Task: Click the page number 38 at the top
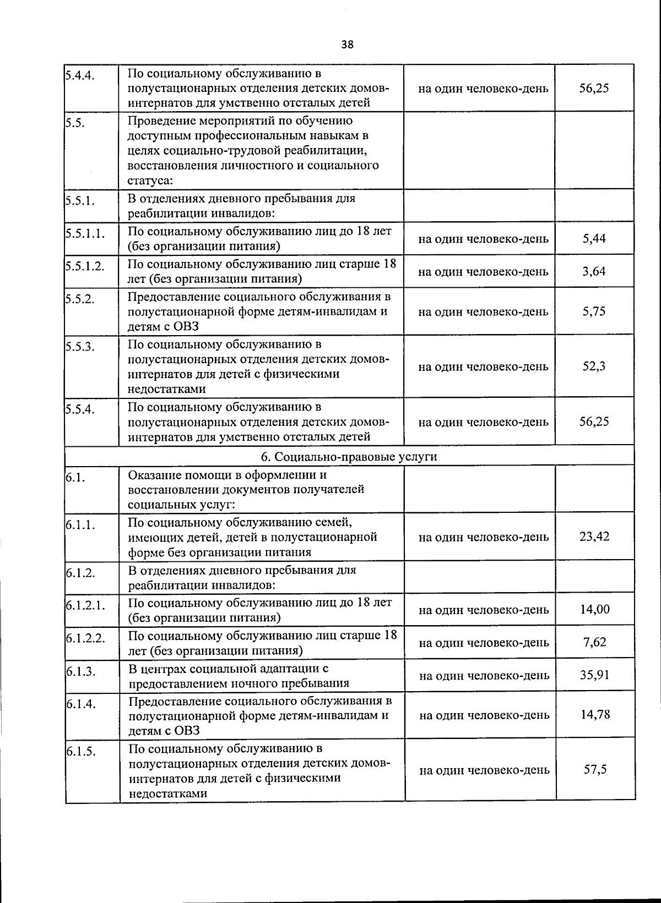coord(347,45)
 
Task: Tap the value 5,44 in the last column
coord(594,238)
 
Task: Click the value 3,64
coord(594,271)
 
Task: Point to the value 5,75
coord(594,311)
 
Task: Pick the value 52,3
coord(594,366)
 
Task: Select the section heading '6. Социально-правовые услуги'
coord(349,456)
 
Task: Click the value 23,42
coord(594,537)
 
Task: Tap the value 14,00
coord(594,609)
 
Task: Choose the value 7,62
coord(595,642)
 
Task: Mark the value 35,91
coord(594,675)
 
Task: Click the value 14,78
coord(595,715)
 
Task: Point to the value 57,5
coord(595,770)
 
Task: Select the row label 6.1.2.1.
coord(85,606)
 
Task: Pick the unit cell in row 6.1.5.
coord(484,770)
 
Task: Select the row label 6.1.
coord(75,478)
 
